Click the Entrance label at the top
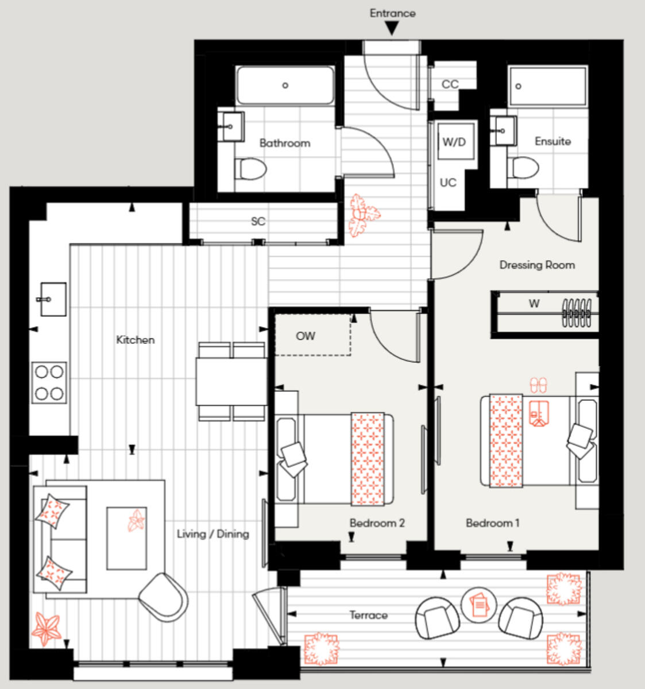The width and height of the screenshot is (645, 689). click(x=392, y=13)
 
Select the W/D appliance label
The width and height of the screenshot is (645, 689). click(x=454, y=142)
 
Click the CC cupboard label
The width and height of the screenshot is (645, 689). click(x=450, y=84)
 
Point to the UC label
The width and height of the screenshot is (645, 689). click(x=448, y=183)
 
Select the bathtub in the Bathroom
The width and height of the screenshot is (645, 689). click(x=285, y=86)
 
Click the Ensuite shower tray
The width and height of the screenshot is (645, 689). click(x=547, y=86)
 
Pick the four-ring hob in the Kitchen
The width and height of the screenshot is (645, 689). click(x=49, y=382)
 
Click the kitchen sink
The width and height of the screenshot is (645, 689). click(x=52, y=299)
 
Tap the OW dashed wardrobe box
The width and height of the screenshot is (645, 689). click(x=312, y=335)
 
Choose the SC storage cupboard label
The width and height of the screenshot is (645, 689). click(x=258, y=221)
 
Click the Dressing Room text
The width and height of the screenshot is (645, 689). click(x=536, y=265)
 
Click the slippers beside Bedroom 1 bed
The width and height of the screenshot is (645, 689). click(x=539, y=384)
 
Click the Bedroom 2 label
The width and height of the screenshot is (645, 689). click(x=377, y=523)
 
